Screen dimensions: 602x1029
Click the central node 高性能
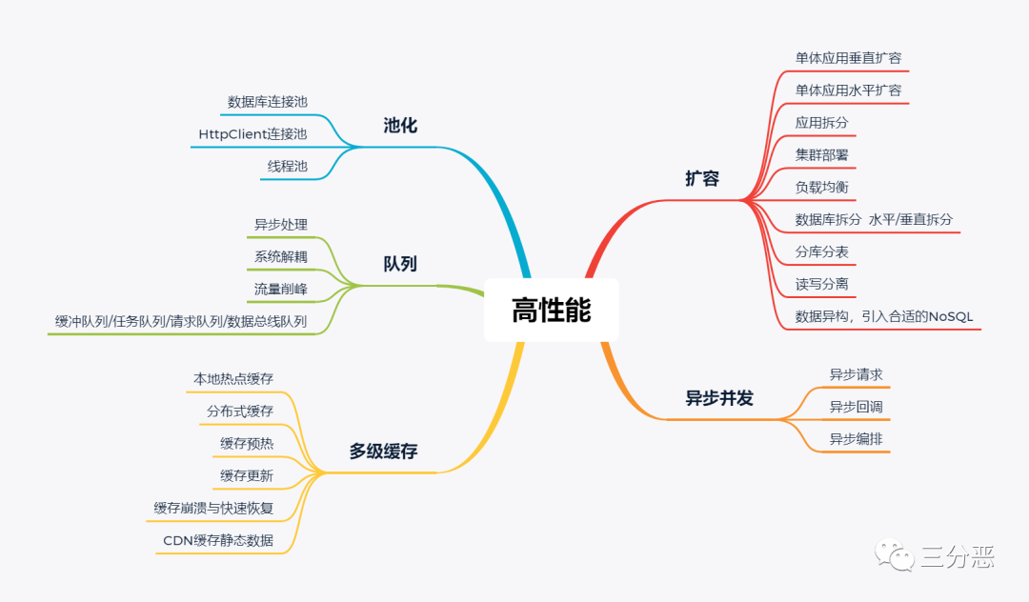(551, 311)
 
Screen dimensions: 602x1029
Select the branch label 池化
(400, 126)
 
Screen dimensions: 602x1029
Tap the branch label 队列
(400, 264)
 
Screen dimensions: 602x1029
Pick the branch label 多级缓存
(383, 451)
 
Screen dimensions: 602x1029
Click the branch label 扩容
(702, 178)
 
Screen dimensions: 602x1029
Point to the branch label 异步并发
(719, 398)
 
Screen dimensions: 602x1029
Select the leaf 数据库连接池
(268, 102)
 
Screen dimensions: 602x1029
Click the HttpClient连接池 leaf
(252, 134)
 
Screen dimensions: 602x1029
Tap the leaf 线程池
(288, 167)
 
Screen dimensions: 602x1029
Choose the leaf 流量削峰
(280, 289)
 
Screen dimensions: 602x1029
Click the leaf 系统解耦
(280, 256)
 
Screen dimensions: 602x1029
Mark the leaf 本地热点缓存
(233, 379)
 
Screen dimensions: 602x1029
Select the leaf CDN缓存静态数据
(218, 541)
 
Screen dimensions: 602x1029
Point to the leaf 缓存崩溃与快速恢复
(213, 509)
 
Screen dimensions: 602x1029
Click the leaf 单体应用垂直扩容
(848, 58)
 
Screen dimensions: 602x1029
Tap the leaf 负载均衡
(821, 188)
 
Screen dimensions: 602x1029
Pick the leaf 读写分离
(821, 284)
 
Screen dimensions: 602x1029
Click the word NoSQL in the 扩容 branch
(952, 316)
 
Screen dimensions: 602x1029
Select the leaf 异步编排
(848, 439)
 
